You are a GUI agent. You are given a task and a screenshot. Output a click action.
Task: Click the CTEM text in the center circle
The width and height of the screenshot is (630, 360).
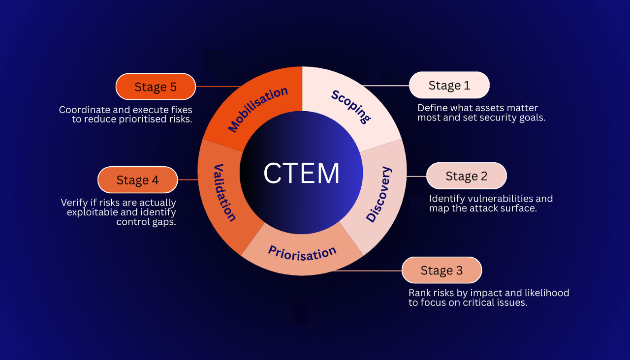(x=301, y=173)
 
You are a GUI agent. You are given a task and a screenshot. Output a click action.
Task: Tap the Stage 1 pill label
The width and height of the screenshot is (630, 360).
(x=449, y=85)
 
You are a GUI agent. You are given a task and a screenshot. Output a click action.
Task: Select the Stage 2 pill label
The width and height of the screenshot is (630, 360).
(x=466, y=176)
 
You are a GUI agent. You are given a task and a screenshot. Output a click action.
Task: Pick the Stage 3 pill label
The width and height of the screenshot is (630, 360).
(x=441, y=270)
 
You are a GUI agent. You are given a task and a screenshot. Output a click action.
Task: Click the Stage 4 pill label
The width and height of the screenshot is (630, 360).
(x=138, y=180)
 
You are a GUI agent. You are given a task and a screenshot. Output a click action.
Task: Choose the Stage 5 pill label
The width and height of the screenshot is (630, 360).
(x=156, y=87)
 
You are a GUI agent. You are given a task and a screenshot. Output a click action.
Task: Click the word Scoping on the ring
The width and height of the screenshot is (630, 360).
(x=350, y=106)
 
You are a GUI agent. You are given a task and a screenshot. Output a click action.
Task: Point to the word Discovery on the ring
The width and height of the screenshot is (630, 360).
(x=379, y=194)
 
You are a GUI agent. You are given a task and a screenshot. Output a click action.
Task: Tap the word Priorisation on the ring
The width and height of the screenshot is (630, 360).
(x=302, y=253)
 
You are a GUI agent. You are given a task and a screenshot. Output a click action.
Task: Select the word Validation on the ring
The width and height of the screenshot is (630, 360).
(x=224, y=192)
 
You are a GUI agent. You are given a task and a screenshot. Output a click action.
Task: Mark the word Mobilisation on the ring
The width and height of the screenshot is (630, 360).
(x=258, y=109)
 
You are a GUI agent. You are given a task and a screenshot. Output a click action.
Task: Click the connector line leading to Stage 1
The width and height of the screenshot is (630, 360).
(x=386, y=86)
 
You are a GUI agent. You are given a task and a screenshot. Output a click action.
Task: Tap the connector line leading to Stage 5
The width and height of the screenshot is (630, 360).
(x=217, y=87)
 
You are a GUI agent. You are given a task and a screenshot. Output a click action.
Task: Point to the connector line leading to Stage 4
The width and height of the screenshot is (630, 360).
(x=188, y=180)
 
